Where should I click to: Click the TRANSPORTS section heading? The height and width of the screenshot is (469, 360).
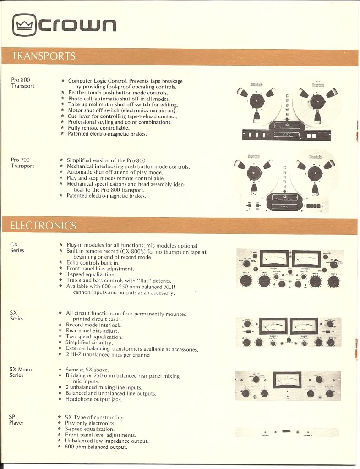[x=44, y=56]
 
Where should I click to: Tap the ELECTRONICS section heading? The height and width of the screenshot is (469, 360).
[x=44, y=225]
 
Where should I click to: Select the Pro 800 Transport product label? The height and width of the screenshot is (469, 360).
[x=22, y=83]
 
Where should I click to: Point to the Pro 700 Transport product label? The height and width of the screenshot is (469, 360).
[x=22, y=163]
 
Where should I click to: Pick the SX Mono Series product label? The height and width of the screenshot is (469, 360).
[x=21, y=372]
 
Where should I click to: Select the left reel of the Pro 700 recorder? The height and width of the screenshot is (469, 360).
[x=256, y=173]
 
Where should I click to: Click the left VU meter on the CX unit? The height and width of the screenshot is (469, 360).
[x=272, y=259]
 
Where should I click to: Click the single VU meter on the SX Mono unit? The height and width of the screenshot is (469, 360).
[x=287, y=380]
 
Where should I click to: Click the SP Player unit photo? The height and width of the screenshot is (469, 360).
[x=287, y=432]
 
